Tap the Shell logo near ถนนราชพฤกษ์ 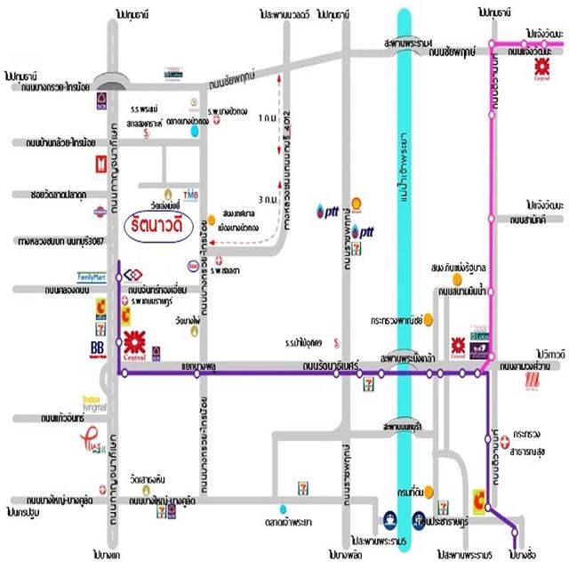coord(357,202)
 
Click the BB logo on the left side coord(99,349)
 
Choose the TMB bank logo coord(190,193)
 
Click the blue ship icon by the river coord(389,518)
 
